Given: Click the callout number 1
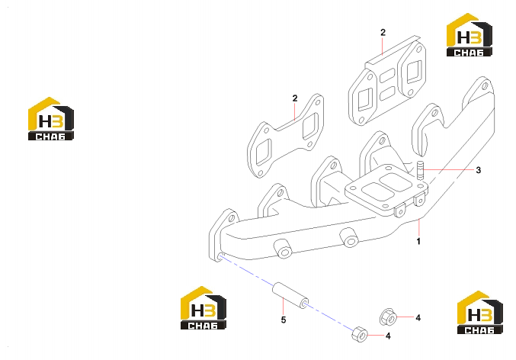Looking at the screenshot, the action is click(418, 242).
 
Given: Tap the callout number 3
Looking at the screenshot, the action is click(478, 170).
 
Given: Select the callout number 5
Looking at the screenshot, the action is click(284, 320).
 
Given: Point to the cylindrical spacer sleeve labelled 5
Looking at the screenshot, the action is click(290, 296).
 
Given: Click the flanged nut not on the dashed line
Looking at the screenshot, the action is click(388, 317).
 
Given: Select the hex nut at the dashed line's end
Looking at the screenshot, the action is click(359, 334).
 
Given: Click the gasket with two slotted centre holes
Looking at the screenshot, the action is click(387, 80).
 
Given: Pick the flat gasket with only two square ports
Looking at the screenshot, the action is click(286, 136).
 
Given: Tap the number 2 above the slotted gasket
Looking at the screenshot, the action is click(383, 32).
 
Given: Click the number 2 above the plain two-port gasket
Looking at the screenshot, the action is click(295, 98).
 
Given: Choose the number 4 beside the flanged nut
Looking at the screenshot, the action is click(418, 318).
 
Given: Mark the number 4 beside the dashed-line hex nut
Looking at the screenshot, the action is click(388, 336).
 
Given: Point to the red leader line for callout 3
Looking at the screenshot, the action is click(448, 169).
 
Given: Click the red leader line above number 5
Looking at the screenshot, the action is click(284, 305).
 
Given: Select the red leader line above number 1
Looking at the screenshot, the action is click(419, 227).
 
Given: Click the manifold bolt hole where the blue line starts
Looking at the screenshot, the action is click(220, 256).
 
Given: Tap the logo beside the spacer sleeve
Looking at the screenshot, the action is click(204, 307).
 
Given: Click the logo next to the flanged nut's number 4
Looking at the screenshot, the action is click(480, 312).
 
